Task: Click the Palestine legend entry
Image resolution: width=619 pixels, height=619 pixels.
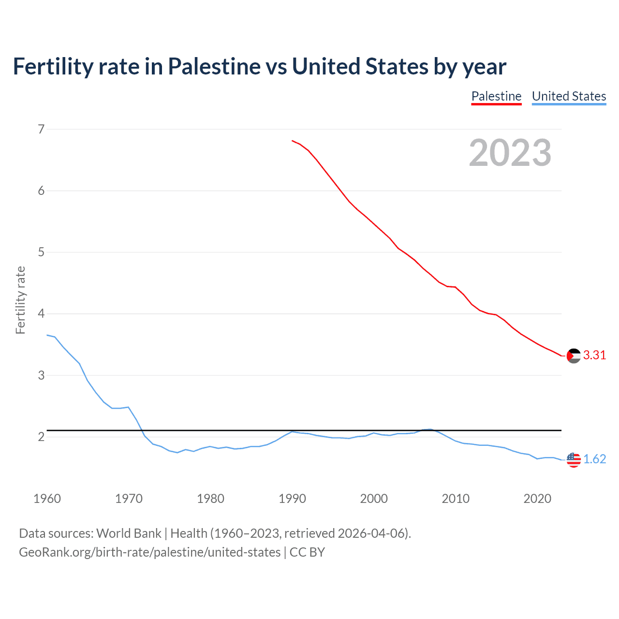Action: click(496, 96)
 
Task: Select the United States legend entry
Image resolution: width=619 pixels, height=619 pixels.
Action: click(569, 96)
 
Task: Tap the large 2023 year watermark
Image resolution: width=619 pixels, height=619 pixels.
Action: click(510, 153)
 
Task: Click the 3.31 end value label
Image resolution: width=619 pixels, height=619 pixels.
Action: click(594, 355)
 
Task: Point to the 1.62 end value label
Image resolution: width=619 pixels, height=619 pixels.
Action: click(594, 459)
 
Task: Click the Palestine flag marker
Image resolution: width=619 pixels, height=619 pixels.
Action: click(574, 355)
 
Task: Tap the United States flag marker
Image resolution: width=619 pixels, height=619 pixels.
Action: click(574, 459)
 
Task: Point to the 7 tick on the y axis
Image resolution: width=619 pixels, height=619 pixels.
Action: click(41, 129)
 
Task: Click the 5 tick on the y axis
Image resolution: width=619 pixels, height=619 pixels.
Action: click(41, 252)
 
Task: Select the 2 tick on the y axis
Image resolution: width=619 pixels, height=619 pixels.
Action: click(41, 437)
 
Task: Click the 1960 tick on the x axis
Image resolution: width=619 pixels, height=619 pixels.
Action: click(47, 499)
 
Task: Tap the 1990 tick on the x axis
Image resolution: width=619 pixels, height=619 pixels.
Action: click(292, 499)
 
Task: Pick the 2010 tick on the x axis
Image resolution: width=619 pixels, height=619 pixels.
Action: click(456, 499)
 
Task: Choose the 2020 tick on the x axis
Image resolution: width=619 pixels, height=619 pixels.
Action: click(537, 499)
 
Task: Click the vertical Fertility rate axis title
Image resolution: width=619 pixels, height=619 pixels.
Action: click(20, 300)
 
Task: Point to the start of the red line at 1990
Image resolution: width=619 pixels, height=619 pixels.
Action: click(292, 141)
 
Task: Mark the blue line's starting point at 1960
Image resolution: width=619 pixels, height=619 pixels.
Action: click(47, 335)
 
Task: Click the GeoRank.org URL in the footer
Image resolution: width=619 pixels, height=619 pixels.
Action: click(149, 552)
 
